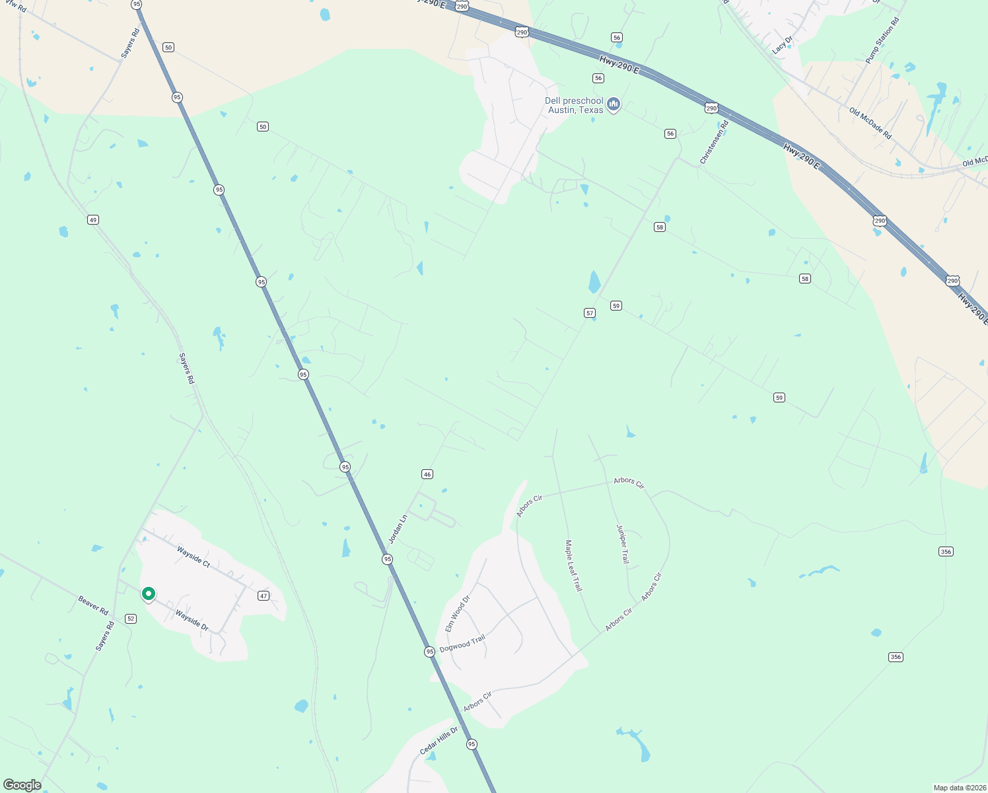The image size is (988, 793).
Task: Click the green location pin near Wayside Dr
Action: point(149,594)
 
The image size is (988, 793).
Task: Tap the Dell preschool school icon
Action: point(614,104)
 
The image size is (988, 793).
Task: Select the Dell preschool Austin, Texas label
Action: point(574,106)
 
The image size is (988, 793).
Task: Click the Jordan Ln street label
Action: point(398,529)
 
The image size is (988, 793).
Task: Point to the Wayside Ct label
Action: point(194,556)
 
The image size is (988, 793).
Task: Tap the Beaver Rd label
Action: point(93,605)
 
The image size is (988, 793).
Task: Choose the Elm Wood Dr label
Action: point(457,613)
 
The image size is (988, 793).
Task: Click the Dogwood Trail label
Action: point(462,643)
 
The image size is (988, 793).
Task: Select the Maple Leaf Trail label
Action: point(573,565)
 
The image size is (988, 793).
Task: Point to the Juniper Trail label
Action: point(623,544)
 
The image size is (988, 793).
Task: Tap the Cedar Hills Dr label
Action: point(439,741)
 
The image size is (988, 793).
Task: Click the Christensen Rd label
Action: point(714,142)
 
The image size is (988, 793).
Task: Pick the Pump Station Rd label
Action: point(882,41)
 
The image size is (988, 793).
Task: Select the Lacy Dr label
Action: point(782,45)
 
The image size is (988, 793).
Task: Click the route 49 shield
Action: point(93,220)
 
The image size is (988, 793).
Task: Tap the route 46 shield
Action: point(427,474)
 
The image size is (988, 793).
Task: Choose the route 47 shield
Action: point(264,596)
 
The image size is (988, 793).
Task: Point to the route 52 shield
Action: point(131,619)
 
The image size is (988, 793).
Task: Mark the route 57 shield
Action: point(590,313)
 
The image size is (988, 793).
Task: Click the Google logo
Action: point(22,785)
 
